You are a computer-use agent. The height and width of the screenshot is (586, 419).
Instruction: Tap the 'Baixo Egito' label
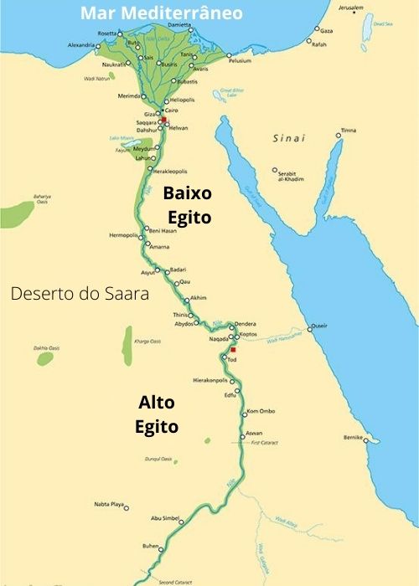pyautogui.click(x=188, y=203)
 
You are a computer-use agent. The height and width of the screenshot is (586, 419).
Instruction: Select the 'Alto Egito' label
pyautogui.click(x=158, y=414)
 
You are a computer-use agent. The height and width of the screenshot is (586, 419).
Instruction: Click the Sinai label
pyautogui.click(x=287, y=137)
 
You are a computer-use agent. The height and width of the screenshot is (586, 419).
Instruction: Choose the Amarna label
pyautogui.click(x=158, y=247)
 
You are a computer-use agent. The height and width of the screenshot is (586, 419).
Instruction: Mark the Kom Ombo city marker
pyautogui.click(x=242, y=413)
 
